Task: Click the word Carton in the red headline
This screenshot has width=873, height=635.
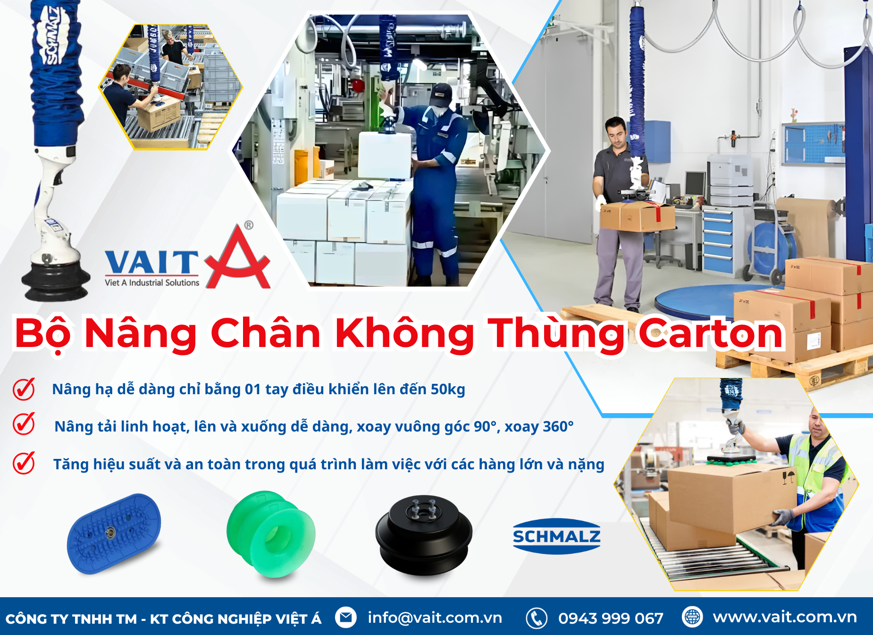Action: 711,333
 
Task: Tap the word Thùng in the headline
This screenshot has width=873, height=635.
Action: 557,335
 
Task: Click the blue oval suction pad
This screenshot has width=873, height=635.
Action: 114,533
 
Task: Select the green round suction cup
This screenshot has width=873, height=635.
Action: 271,534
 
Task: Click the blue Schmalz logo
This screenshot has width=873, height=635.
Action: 556,536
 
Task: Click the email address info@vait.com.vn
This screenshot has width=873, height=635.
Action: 435,618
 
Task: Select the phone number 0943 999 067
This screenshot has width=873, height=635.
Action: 611,618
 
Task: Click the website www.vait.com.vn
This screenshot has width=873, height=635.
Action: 784,617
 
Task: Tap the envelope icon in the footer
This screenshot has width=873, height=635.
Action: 346,618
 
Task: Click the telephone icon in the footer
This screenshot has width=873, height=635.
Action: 537,618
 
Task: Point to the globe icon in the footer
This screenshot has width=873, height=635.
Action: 692,617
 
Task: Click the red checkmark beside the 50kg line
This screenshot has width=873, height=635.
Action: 24,389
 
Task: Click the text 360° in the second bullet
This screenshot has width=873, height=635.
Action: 558,426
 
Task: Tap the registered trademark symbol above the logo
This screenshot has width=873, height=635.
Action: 249,225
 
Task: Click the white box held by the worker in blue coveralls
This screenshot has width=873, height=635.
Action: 385,155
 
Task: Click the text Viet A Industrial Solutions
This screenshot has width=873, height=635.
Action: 152,282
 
